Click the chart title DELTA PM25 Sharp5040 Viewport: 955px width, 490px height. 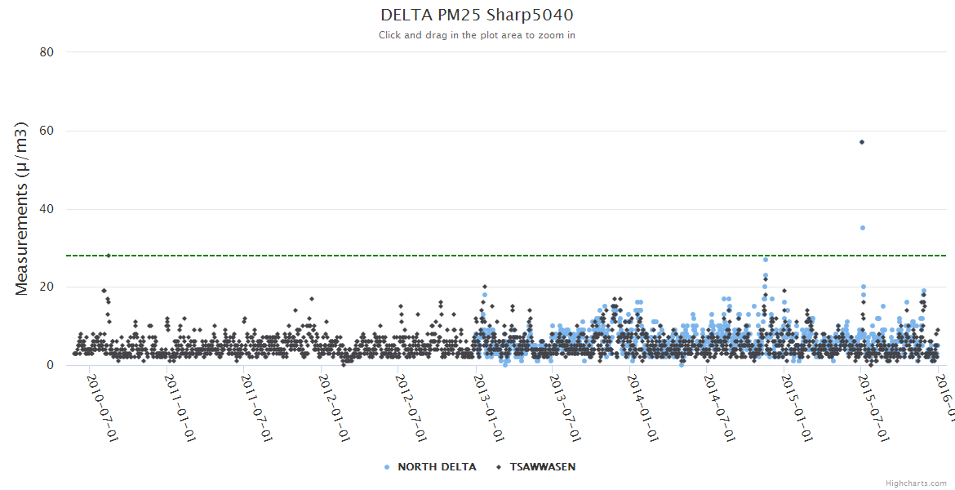[477, 15]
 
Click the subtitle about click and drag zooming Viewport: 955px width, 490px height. [477, 35]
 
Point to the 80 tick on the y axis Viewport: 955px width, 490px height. [47, 52]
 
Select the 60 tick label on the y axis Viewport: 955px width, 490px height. [47, 131]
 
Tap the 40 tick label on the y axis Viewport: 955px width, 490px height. [47, 209]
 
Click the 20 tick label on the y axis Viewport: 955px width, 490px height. [47, 287]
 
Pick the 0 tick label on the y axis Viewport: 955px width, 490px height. [50, 365]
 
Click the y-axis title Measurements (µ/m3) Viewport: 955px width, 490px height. [22, 208]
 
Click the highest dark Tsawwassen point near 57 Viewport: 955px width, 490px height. [862, 142]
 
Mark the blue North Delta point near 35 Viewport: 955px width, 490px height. [863, 228]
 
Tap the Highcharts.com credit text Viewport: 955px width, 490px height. [916, 483]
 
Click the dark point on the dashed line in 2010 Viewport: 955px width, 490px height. [108, 256]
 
